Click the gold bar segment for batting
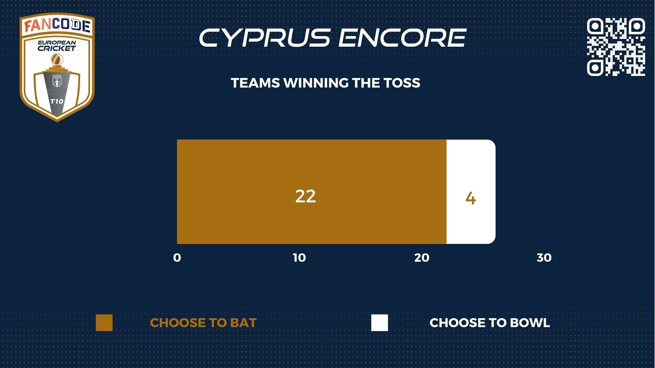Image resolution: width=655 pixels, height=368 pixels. (x=312, y=192)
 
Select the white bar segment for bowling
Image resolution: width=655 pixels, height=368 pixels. (x=471, y=192)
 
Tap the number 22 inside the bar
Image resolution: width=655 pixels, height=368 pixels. (x=305, y=197)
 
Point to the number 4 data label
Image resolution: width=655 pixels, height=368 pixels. (x=471, y=198)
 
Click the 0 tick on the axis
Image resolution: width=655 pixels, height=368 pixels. (x=177, y=258)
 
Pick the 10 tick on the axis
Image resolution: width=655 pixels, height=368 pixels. (x=299, y=258)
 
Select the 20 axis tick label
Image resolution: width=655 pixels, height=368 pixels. (x=422, y=258)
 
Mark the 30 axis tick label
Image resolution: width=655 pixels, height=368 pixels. (x=544, y=258)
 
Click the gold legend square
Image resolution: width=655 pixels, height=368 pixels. (x=104, y=323)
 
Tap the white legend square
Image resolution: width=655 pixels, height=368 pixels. (x=380, y=323)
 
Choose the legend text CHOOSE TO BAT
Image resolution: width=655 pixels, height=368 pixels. (x=203, y=323)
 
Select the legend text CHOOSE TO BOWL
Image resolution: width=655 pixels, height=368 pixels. (x=490, y=323)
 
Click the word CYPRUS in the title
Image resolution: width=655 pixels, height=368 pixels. (x=265, y=37)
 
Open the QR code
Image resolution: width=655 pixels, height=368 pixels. (x=616, y=47)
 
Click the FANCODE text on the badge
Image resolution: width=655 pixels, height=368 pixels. (x=57, y=26)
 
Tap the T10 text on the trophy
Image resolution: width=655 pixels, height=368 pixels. (x=57, y=101)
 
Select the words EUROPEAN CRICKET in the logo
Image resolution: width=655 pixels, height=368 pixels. (x=57, y=46)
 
